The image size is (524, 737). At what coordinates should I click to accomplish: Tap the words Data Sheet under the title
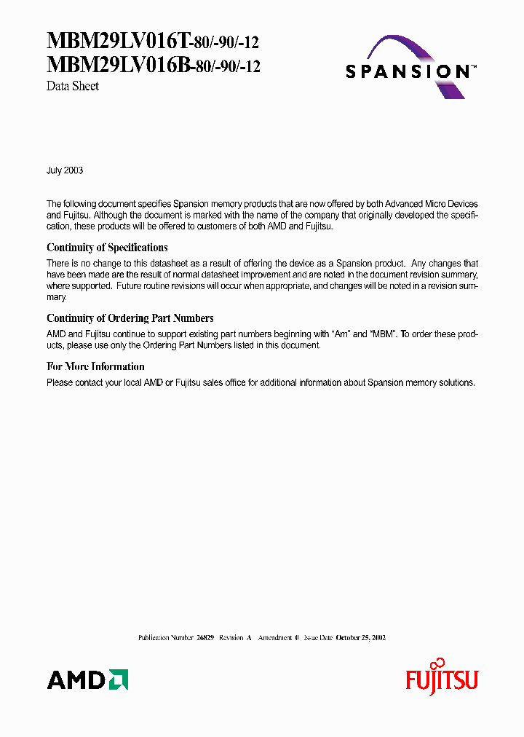[x=73, y=86]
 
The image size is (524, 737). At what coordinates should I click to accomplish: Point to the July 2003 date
[x=65, y=170]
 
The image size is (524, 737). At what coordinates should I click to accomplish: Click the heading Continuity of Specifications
[x=107, y=248]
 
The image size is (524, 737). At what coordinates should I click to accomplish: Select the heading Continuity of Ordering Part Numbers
[x=130, y=318]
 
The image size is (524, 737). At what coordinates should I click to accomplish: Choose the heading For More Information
[x=95, y=366]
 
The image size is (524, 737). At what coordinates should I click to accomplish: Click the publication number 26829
[x=205, y=637]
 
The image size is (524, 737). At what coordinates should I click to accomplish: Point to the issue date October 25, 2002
[x=360, y=637]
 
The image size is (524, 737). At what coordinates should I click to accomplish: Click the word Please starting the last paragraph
[x=60, y=382]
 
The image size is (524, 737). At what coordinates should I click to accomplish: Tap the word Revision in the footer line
[x=231, y=637]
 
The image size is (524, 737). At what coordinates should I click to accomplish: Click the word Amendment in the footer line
[x=275, y=637]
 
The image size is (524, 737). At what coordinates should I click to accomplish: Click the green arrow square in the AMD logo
[x=119, y=679]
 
